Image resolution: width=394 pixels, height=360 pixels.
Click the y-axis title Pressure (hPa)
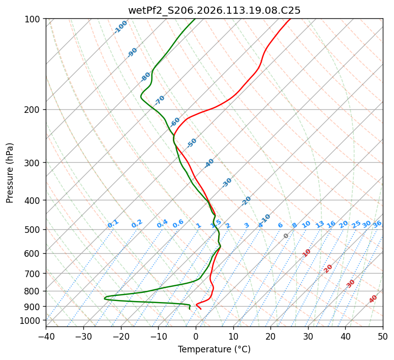point(10,172)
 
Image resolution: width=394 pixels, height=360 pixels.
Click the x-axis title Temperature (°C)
point(214,349)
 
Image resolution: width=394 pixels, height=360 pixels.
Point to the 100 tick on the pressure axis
point(34,19)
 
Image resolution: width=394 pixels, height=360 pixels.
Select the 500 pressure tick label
point(34,229)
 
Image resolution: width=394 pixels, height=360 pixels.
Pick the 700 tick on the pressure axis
point(34,274)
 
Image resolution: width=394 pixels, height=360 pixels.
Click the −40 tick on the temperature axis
point(46,336)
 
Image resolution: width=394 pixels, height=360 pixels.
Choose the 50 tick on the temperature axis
point(383,336)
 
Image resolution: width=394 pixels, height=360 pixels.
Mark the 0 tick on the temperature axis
point(196,336)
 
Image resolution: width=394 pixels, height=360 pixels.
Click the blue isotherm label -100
point(120,27)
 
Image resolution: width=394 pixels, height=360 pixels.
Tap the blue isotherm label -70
point(160,100)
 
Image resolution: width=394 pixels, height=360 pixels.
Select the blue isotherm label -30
point(227,183)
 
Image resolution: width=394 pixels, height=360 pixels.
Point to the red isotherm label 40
point(373,299)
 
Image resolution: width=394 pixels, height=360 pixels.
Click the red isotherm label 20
point(328,268)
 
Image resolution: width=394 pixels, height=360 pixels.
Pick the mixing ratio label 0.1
point(113,224)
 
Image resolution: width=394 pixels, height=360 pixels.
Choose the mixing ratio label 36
point(377,224)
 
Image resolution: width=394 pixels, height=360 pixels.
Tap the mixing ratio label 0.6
point(178,224)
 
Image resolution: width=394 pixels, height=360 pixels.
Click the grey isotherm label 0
point(286,236)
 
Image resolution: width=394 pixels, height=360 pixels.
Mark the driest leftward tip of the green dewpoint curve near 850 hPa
point(104,298)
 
